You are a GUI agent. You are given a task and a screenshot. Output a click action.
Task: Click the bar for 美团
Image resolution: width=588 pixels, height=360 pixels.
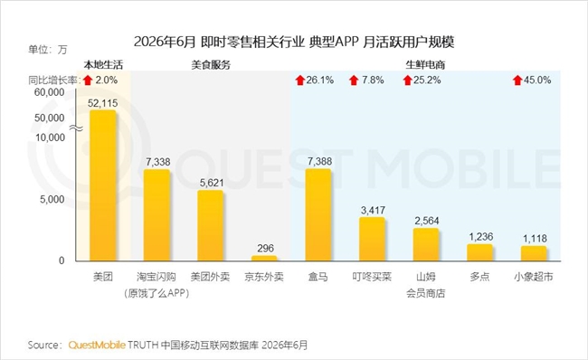click(x=103, y=185)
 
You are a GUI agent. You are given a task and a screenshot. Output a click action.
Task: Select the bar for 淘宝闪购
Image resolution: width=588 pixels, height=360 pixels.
click(x=156, y=215)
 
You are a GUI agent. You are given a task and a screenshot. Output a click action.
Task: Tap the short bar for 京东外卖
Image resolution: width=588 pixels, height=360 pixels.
click(x=264, y=258)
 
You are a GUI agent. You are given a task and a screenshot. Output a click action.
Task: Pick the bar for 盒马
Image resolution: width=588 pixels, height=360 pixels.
click(x=318, y=214)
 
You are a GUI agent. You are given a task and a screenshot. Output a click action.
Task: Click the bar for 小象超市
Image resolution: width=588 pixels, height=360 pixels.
click(x=534, y=253)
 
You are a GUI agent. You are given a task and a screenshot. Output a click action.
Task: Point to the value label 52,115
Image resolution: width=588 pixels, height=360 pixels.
click(x=103, y=103)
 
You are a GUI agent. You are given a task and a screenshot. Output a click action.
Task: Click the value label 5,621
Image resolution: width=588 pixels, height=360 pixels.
click(x=212, y=183)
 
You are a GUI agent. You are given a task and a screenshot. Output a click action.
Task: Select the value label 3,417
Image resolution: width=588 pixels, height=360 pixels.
click(x=373, y=210)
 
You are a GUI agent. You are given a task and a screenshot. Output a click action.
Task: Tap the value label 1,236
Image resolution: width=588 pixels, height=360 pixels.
click(x=480, y=237)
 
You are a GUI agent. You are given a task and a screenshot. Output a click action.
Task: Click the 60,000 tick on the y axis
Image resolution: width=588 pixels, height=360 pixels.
click(x=49, y=92)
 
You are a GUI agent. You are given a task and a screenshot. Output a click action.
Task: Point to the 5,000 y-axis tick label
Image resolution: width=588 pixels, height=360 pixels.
click(x=52, y=199)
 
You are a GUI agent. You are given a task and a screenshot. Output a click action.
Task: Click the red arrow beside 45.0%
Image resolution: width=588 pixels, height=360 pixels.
click(x=517, y=80)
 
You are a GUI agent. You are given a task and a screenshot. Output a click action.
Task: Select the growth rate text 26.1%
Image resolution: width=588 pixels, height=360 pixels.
click(x=320, y=80)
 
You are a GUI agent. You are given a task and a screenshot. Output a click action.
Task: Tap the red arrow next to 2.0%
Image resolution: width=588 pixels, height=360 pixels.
click(x=88, y=80)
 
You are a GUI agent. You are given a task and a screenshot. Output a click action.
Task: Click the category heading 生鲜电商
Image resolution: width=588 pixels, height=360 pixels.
click(x=425, y=65)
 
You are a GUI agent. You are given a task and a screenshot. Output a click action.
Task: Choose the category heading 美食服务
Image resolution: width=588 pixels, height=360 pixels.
click(x=211, y=65)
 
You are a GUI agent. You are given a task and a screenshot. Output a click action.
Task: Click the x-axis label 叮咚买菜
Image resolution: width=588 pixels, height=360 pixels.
click(x=372, y=277)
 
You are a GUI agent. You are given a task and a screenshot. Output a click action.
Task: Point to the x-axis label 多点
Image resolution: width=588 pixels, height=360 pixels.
click(x=479, y=277)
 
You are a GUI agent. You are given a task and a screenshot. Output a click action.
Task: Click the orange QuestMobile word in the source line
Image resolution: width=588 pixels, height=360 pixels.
click(x=97, y=345)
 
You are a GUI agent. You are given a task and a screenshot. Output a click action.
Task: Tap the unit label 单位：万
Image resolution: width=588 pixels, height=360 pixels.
click(x=48, y=50)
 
